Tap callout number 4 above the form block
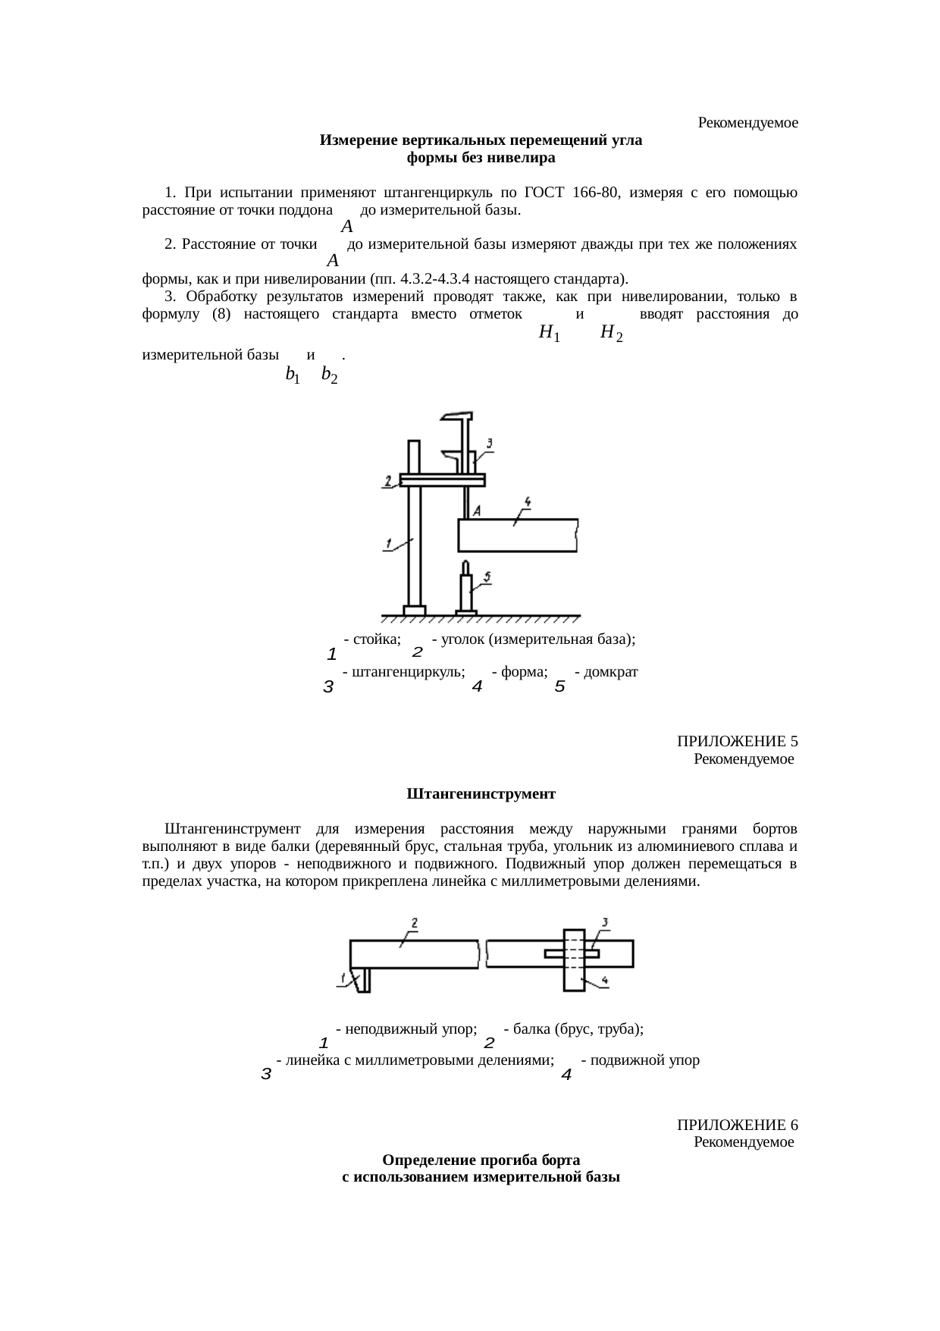click(528, 501)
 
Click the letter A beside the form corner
click(477, 512)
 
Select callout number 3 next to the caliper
click(490, 443)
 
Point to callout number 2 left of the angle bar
click(388, 481)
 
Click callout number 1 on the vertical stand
click(388, 543)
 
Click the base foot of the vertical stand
click(414, 610)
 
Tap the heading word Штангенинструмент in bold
click(481, 794)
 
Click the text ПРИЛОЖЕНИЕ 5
click(737, 741)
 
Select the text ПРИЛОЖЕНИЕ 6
click(737, 1124)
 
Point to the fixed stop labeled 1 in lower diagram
click(365, 979)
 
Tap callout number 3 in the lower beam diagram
click(605, 922)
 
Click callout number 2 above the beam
click(415, 923)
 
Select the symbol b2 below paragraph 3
click(329, 374)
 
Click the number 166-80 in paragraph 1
click(599, 193)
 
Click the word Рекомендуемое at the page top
click(747, 123)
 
